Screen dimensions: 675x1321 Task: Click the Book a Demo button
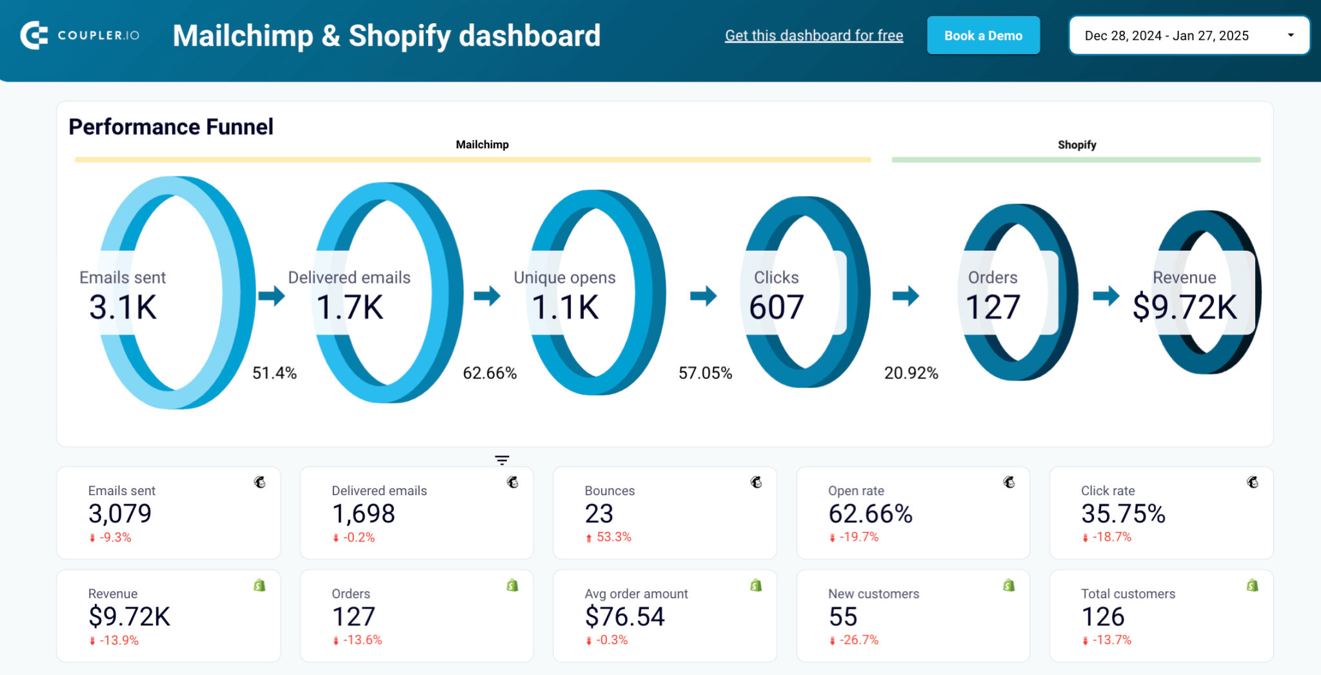click(x=982, y=35)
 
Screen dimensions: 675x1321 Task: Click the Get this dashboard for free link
click(x=813, y=35)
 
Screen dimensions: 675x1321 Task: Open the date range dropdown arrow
click(x=1290, y=35)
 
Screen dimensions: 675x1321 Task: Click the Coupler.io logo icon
click(x=34, y=35)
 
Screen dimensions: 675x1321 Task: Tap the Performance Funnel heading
click(x=171, y=127)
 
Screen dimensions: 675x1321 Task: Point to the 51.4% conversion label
click(x=274, y=373)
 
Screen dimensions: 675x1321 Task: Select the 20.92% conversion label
click(x=911, y=373)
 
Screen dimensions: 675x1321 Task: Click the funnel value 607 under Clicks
click(x=776, y=307)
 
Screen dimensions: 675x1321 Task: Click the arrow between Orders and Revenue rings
click(x=1106, y=296)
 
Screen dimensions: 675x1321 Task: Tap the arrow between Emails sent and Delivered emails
click(x=272, y=296)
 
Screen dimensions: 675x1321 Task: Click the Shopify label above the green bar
click(x=1077, y=144)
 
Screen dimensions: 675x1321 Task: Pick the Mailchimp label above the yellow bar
click(x=482, y=144)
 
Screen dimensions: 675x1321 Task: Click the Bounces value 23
click(x=599, y=514)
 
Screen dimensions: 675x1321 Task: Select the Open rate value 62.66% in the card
click(x=870, y=514)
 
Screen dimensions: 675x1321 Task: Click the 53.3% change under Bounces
click(x=613, y=537)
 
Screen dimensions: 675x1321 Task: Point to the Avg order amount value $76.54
click(x=624, y=617)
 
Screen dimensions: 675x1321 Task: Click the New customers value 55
click(x=842, y=617)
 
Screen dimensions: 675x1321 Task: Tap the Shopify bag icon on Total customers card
click(x=1252, y=585)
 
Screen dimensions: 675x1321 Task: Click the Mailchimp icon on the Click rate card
click(x=1252, y=482)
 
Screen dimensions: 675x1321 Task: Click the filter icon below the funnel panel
click(x=502, y=460)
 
